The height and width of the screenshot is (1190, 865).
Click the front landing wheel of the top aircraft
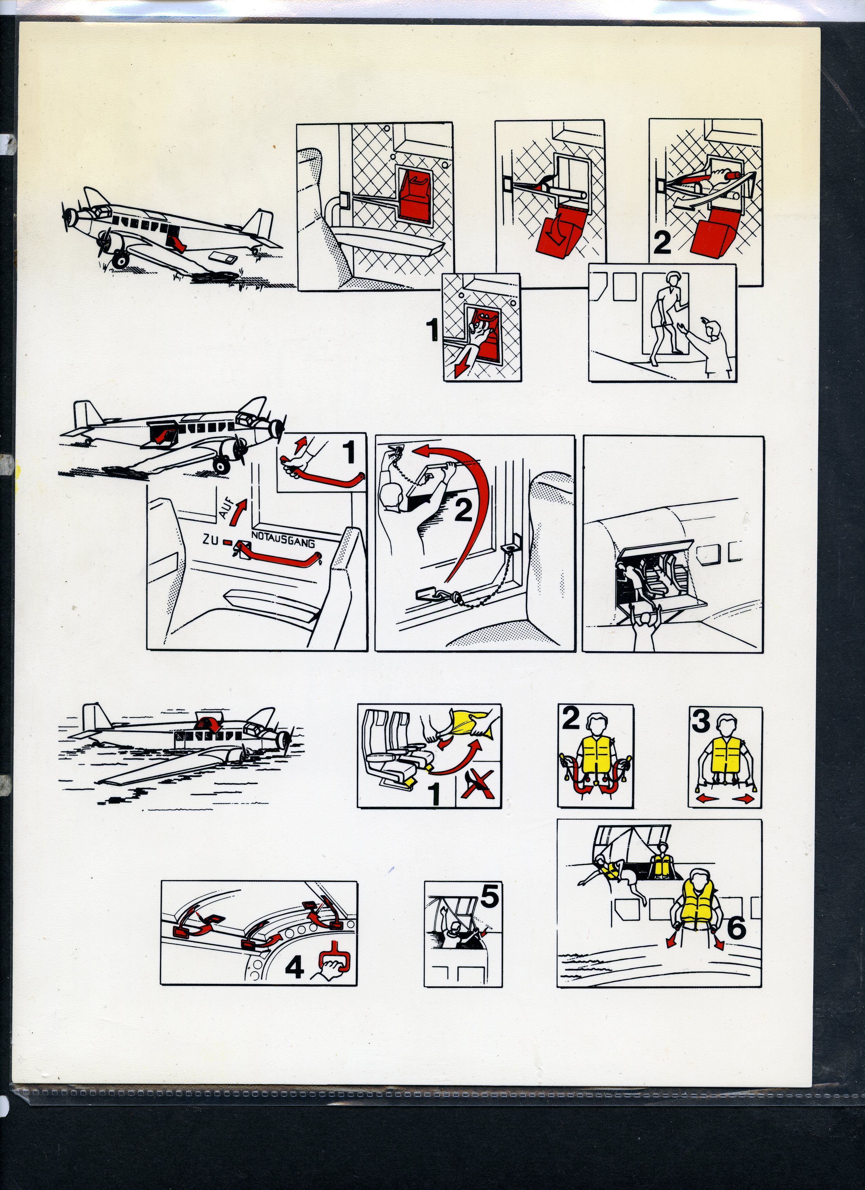click(x=121, y=259)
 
